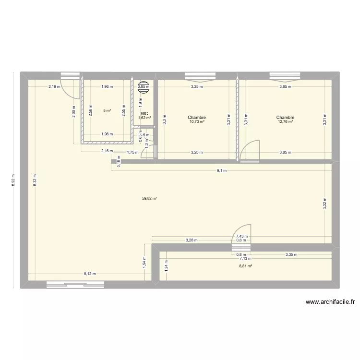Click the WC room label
(x=144, y=114)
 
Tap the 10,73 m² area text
(x=197, y=122)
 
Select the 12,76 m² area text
(x=285, y=122)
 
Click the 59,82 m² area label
(x=149, y=198)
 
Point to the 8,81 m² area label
(x=245, y=264)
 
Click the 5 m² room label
(x=107, y=110)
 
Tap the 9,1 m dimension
(x=222, y=170)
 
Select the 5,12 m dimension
(x=90, y=274)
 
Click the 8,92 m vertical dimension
(x=14, y=181)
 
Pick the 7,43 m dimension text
(x=241, y=236)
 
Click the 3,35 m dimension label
(x=291, y=255)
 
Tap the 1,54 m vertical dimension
(x=144, y=262)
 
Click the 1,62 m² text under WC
(x=144, y=118)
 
